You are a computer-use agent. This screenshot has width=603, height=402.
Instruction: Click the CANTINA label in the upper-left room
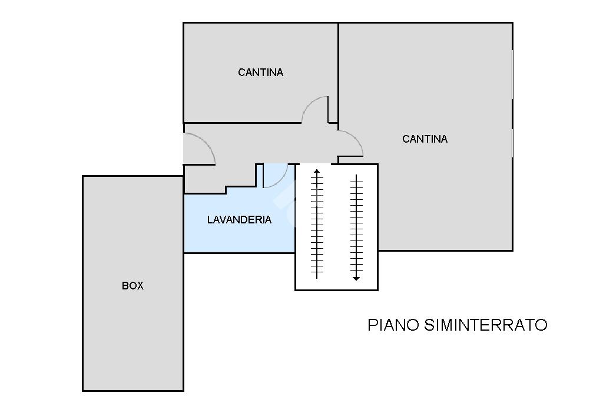[x=260, y=73]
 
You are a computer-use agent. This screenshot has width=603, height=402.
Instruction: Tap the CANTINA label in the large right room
[x=425, y=139]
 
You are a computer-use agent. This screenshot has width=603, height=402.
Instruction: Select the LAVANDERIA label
[x=239, y=220]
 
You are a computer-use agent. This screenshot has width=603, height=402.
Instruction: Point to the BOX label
[x=132, y=286]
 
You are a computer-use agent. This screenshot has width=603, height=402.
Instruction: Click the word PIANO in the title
[x=393, y=325]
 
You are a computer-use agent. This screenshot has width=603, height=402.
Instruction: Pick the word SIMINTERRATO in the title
[x=486, y=325]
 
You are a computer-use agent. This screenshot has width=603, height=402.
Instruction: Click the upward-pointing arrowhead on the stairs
[x=316, y=172]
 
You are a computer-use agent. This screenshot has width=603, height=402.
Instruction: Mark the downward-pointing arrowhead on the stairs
[x=356, y=278]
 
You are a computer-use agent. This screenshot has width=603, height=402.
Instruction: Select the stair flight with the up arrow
[x=317, y=224]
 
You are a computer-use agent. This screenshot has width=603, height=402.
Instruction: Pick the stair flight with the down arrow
[x=356, y=228]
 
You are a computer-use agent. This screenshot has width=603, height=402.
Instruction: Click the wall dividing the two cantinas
[x=338, y=73]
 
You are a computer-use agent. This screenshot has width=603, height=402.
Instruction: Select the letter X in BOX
[x=140, y=286]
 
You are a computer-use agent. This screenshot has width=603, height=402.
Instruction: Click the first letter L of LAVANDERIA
[x=210, y=220]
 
